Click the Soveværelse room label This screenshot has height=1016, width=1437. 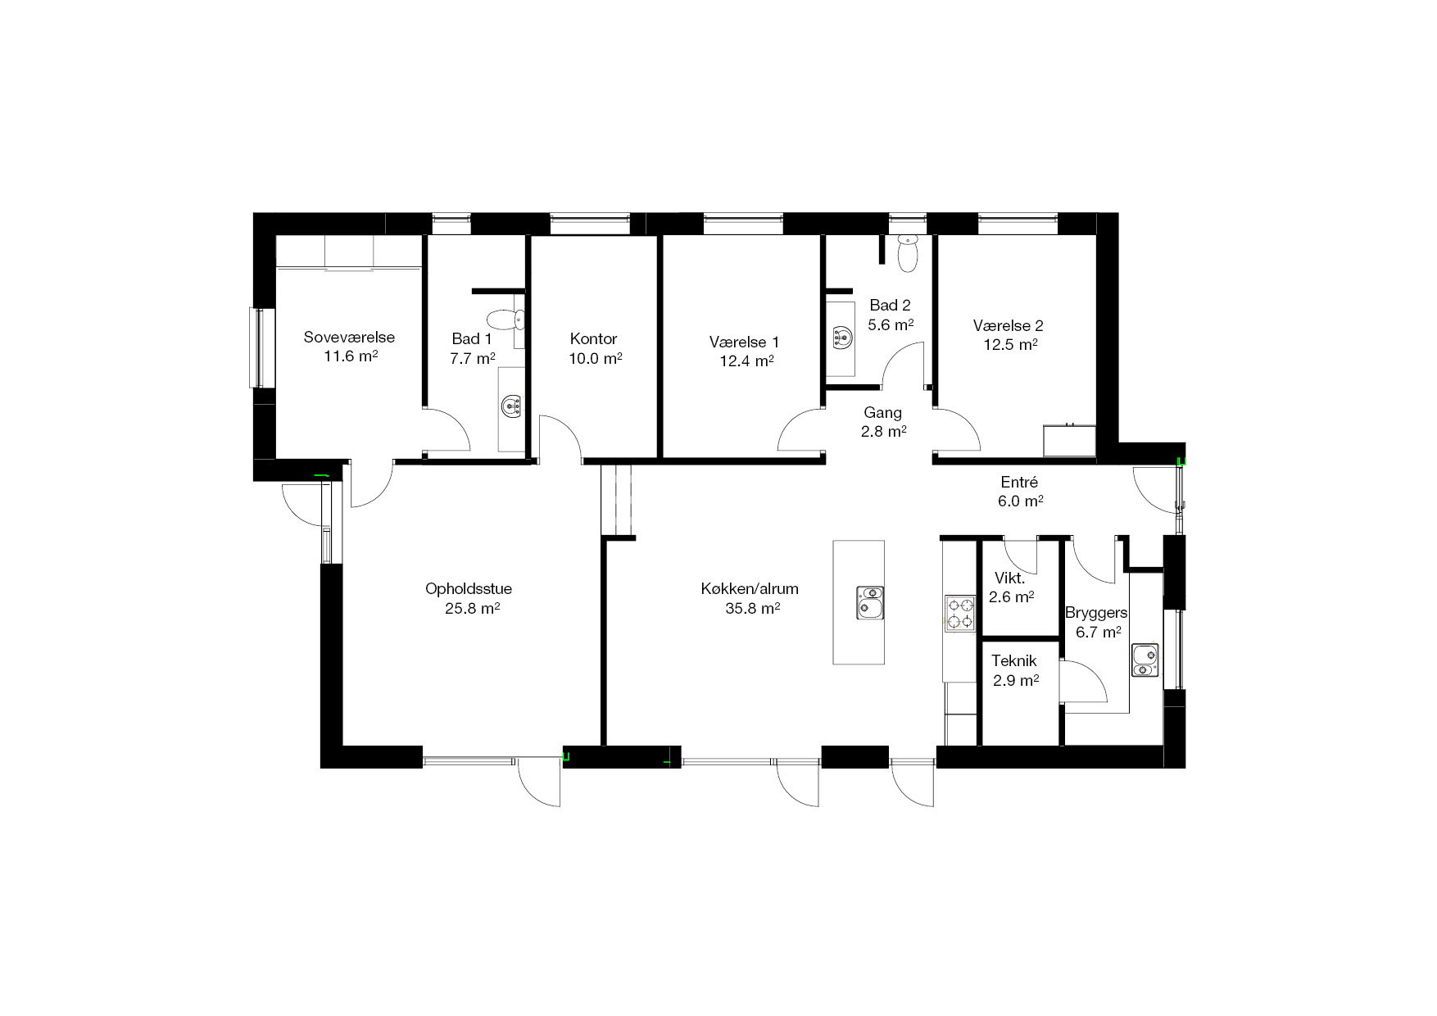[x=349, y=337]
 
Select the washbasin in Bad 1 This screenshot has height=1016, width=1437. [x=512, y=406]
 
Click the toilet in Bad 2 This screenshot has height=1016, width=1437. [x=907, y=254]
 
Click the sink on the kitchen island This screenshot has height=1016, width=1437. [x=870, y=602]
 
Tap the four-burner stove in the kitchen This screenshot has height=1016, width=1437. [x=960, y=614]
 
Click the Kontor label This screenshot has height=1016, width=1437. [x=594, y=338]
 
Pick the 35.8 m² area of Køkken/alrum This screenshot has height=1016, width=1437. [x=752, y=608]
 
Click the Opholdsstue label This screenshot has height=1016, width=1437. [x=469, y=589]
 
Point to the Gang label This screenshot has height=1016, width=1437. [x=883, y=413]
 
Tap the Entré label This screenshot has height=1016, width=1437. [x=1019, y=482]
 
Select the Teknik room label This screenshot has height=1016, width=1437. [x=1014, y=660]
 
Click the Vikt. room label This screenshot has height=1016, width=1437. [x=1009, y=578]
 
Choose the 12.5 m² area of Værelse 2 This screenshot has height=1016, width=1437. [x=1011, y=345]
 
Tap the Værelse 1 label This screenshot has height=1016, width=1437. [x=745, y=342]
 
